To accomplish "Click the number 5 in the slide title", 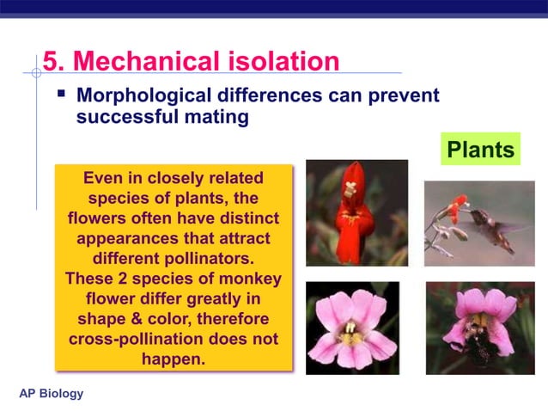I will (52, 61).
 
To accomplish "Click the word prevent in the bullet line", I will (397, 95).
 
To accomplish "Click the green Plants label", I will (481, 150).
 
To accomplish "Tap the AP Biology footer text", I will (52, 394).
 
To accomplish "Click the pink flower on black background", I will (352, 328).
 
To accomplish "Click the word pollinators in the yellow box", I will (225, 258).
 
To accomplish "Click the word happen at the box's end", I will (173, 359).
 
